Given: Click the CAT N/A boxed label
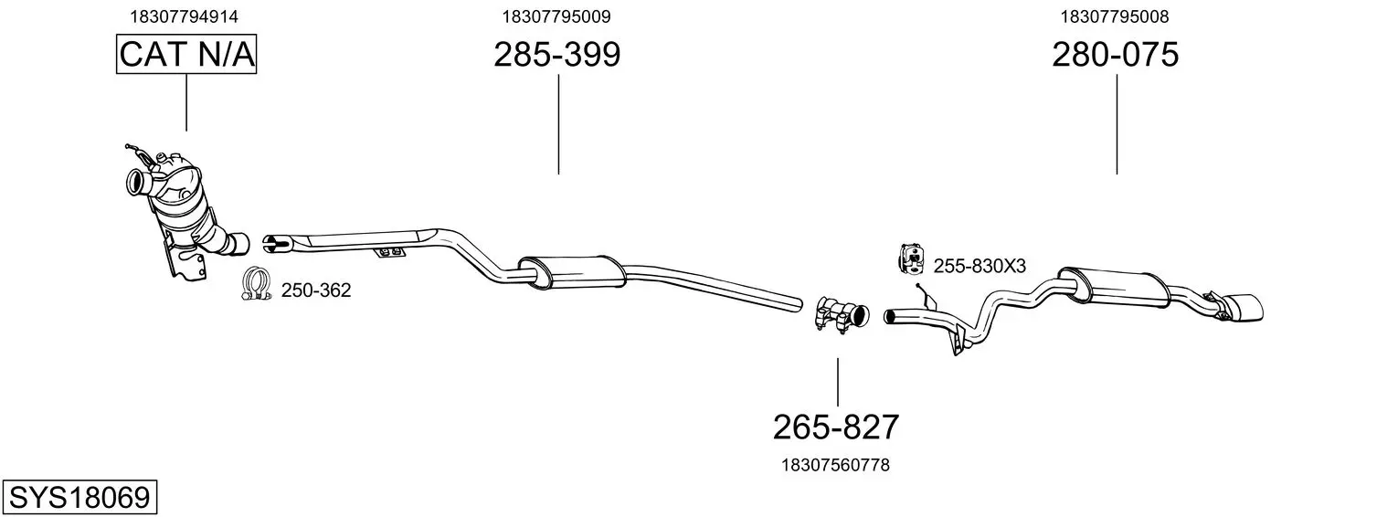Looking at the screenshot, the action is click(186, 54).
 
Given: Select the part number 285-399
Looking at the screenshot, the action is click(557, 54).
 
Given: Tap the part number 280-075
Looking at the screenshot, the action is click(1116, 54).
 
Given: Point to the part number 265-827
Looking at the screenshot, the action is click(836, 427).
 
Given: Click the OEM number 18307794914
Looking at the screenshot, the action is click(184, 16).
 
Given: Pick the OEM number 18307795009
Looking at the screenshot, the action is click(556, 16).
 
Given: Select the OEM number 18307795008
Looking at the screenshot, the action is click(1115, 16).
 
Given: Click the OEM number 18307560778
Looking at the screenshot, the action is click(836, 465).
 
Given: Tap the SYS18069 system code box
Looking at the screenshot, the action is click(79, 498).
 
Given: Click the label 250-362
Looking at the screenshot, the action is click(316, 290).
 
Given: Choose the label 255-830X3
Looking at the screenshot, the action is click(980, 267).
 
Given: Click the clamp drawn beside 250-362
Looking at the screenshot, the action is click(256, 284).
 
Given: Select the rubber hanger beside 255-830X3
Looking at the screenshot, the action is click(911, 259).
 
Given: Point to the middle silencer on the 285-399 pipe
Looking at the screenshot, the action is click(572, 272).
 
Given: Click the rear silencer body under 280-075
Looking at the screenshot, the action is click(1114, 288).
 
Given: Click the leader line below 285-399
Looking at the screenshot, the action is click(558, 124).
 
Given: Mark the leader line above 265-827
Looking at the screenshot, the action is click(838, 383).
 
